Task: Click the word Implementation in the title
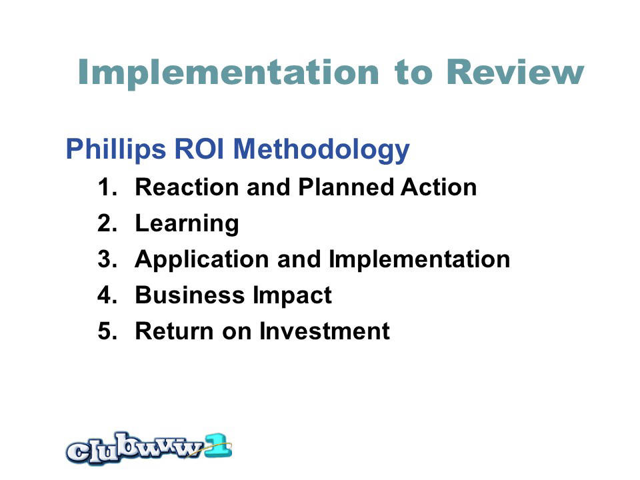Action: click(x=229, y=73)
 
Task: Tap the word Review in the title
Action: click(x=515, y=72)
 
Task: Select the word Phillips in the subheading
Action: click(x=116, y=149)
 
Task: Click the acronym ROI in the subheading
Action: click(x=199, y=149)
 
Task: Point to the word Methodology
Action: click(x=321, y=150)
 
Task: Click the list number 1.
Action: click(x=107, y=187)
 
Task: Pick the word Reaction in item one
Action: click(x=187, y=187)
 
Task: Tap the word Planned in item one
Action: click(x=346, y=188)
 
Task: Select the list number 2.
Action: click(x=107, y=223)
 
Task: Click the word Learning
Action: click(x=187, y=224)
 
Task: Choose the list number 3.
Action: click(x=107, y=259)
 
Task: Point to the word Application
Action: click(x=201, y=260)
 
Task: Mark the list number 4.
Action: click(x=107, y=295)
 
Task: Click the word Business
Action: click(x=190, y=295)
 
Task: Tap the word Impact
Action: click(x=292, y=296)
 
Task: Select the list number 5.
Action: click(x=107, y=331)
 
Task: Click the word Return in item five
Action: click(x=175, y=331)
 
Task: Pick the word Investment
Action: click(x=325, y=331)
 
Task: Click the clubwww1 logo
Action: click(x=149, y=448)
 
